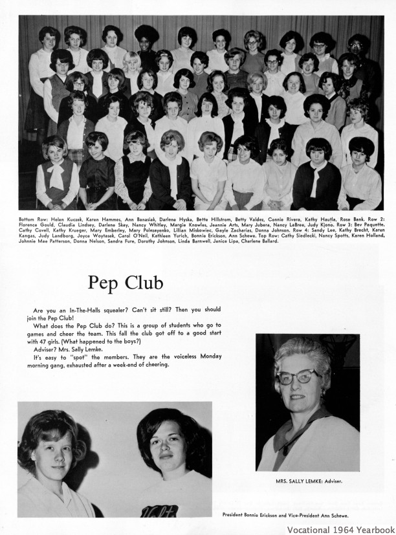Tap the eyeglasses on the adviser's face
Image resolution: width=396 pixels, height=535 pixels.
(298, 376)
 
